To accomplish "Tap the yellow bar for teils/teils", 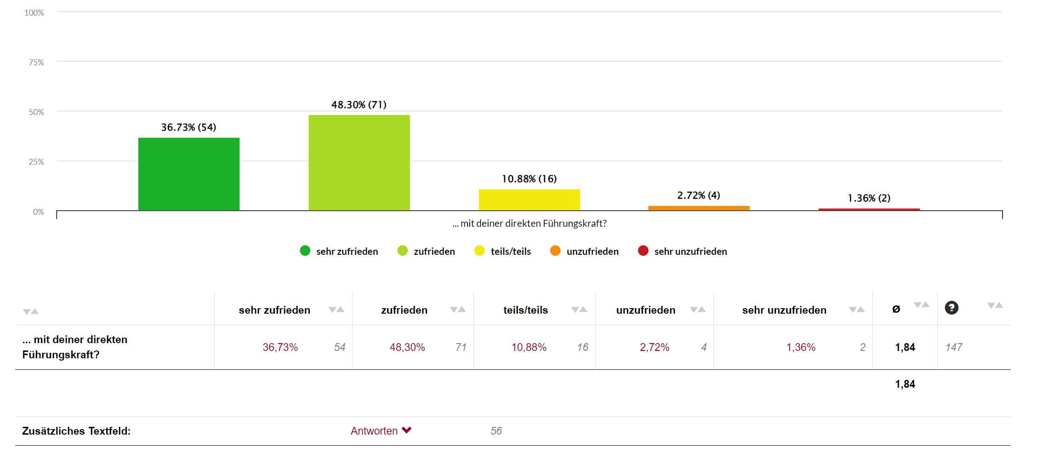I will tap(529, 200).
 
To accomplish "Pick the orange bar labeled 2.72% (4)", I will tap(699, 208).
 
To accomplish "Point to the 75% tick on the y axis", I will tap(36, 62).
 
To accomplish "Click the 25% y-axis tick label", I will tap(36, 161).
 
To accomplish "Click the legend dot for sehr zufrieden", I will tap(305, 251).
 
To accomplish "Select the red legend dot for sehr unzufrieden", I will tap(643, 251).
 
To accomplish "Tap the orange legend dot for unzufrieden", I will tap(555, 251).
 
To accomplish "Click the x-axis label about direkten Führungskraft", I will tap(529, 224).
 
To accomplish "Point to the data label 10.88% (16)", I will tap(529, 178).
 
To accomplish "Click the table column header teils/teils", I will tap(525, 310).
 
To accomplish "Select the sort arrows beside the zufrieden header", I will tap(458, 310).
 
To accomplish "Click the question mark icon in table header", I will tap(951, 308).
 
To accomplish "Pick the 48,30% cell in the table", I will tap(407, 347).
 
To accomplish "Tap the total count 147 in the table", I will tap(953, 347).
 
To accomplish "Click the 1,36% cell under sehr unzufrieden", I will tap(801, 347).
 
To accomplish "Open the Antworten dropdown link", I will tap(381, 431).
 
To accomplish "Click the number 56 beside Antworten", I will tap(496, 431).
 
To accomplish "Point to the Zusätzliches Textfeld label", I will tap(76, 431).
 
